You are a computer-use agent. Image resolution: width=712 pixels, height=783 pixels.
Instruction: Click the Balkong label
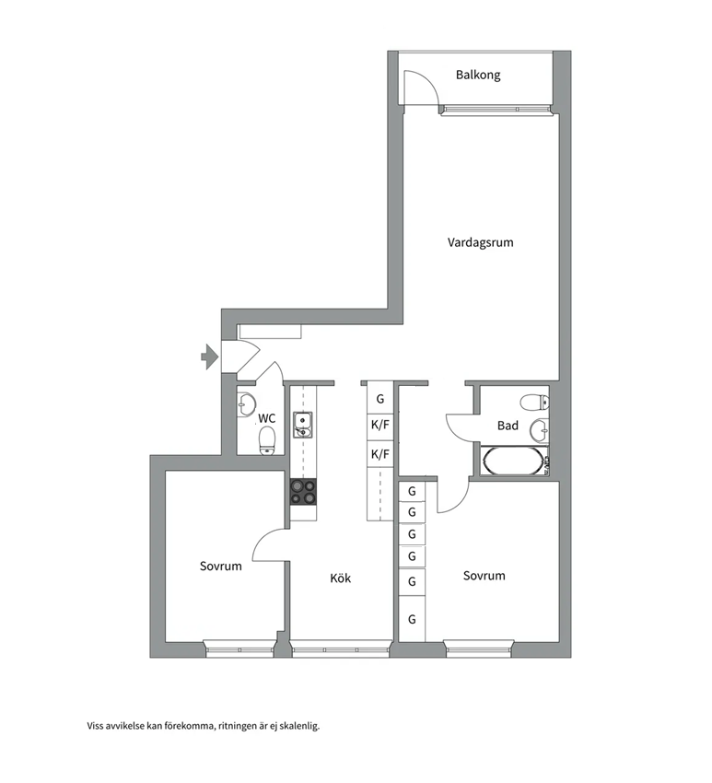point(478,76)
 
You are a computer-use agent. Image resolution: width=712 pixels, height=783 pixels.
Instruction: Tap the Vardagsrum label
point(480,242)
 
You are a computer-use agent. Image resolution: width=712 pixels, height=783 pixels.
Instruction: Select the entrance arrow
point(209,356)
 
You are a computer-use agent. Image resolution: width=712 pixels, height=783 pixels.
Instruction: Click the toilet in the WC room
point(268,440)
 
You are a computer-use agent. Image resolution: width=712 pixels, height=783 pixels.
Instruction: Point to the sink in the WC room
point(246,404)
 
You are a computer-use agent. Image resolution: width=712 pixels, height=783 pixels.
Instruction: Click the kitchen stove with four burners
point(304,492)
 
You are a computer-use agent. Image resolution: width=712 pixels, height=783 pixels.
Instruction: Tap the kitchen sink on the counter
point(302,425)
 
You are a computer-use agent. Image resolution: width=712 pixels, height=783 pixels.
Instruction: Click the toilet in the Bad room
point(534,402)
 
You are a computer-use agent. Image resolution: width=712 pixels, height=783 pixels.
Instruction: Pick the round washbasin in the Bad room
point(539,430)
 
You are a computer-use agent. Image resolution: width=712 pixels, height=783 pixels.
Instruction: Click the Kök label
point(341,578)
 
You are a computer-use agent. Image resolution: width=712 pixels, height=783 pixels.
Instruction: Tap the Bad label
point(508,426)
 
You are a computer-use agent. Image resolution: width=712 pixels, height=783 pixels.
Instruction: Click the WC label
point(266,418)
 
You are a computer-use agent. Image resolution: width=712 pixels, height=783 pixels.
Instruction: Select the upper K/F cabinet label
point(380,426)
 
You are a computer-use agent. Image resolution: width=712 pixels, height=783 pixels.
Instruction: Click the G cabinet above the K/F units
point(380,399)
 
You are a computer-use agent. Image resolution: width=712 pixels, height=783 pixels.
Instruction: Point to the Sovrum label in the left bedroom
point(221,567)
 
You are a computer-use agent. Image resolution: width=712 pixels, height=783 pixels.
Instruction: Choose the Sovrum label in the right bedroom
point(484,576)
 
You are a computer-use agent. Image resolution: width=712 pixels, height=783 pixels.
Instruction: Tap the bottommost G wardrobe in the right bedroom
point(412,619)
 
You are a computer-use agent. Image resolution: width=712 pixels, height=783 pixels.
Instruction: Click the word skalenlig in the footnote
point(299,726)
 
